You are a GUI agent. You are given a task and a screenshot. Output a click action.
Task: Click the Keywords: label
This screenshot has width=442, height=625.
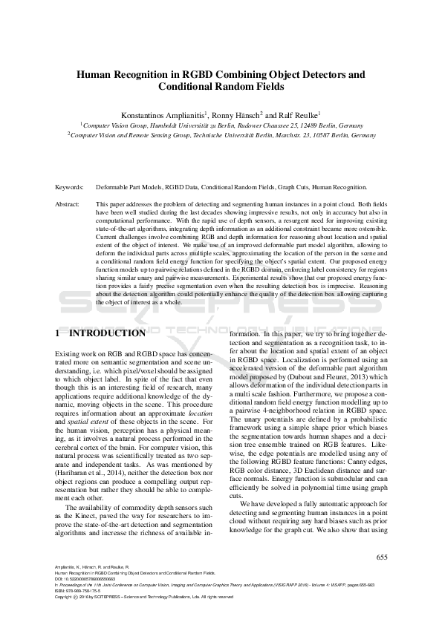(71, 188)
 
